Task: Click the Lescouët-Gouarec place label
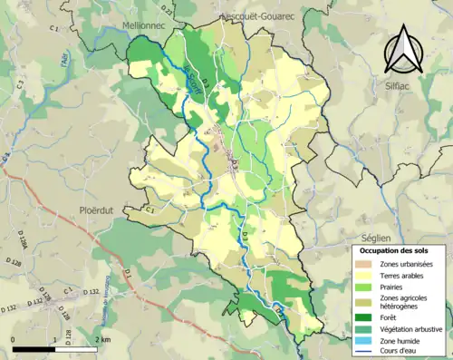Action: (257, 15)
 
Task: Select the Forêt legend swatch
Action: (364, 316)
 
